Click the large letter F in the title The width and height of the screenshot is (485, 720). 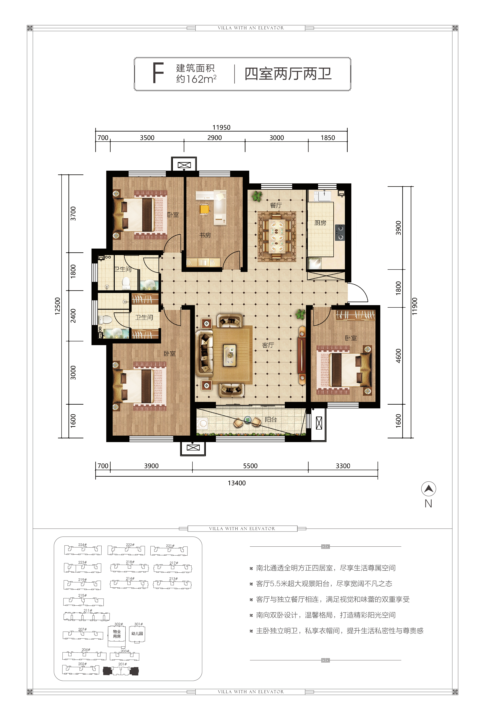pyautogui.click(x=158, y=73)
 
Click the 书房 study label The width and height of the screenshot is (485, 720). pyautogui.click(x=205, y=235)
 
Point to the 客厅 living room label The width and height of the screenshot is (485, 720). pyautogui.click(x=268, y=345)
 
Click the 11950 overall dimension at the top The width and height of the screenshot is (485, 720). pyautogui.click(x=222, y=127)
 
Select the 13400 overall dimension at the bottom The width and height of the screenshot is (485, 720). pyautogui.click(x=237, y=483)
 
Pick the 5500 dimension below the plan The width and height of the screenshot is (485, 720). pyautogui.click(x=250, y=466)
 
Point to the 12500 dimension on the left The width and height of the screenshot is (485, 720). pyautogui.click(x=58, y=306)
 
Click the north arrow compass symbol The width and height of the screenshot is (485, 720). pyautogui.click(x=428, y=489)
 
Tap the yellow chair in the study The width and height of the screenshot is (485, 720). pyautogui.click(x=204, y=209)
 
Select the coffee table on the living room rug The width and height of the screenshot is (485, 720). pyautogui.click(x=230, y=355)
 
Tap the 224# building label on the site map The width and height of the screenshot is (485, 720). pyautogui.click(x=82, y=545)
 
